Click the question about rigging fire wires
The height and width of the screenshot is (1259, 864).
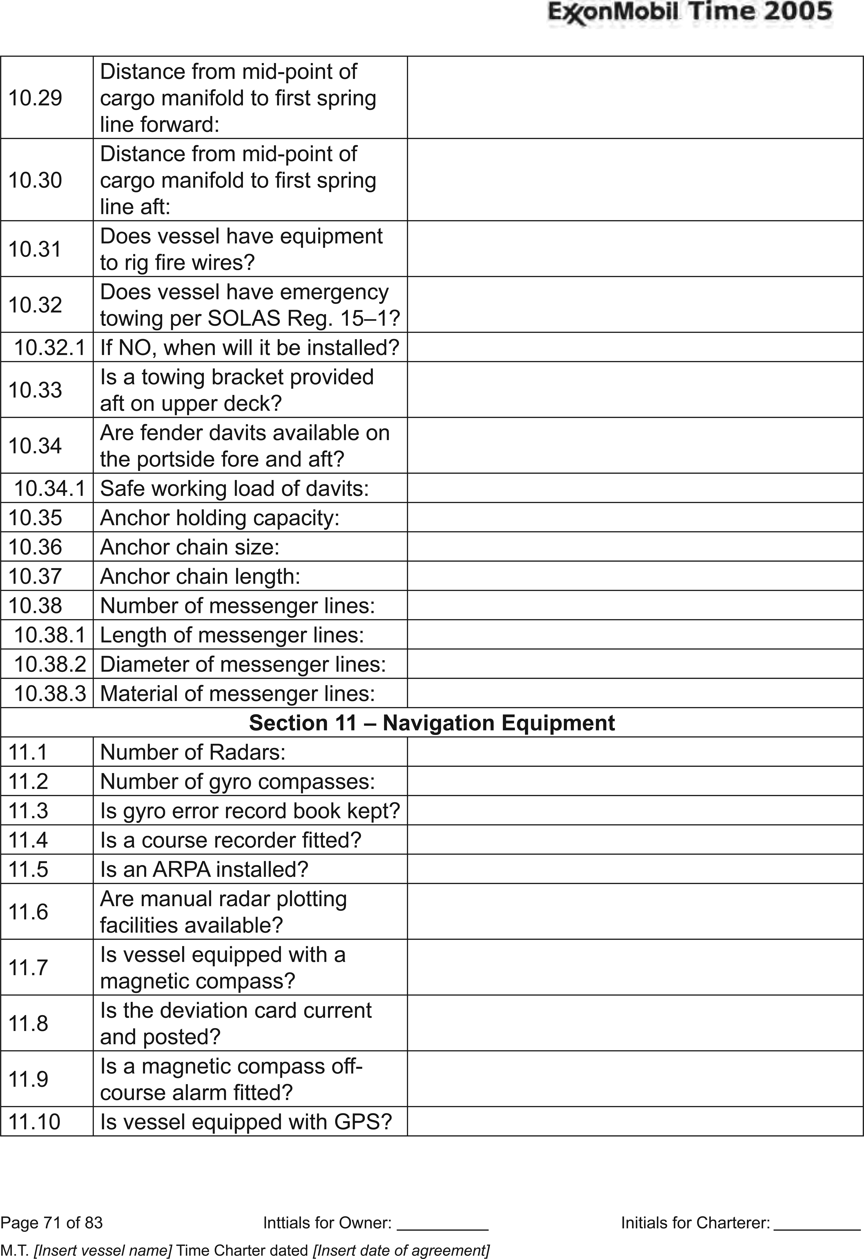coord(241,249)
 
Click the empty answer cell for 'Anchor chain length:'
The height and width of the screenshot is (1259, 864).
coord(634,576)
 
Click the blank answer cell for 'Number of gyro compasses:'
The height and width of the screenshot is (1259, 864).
coord(634,781)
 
